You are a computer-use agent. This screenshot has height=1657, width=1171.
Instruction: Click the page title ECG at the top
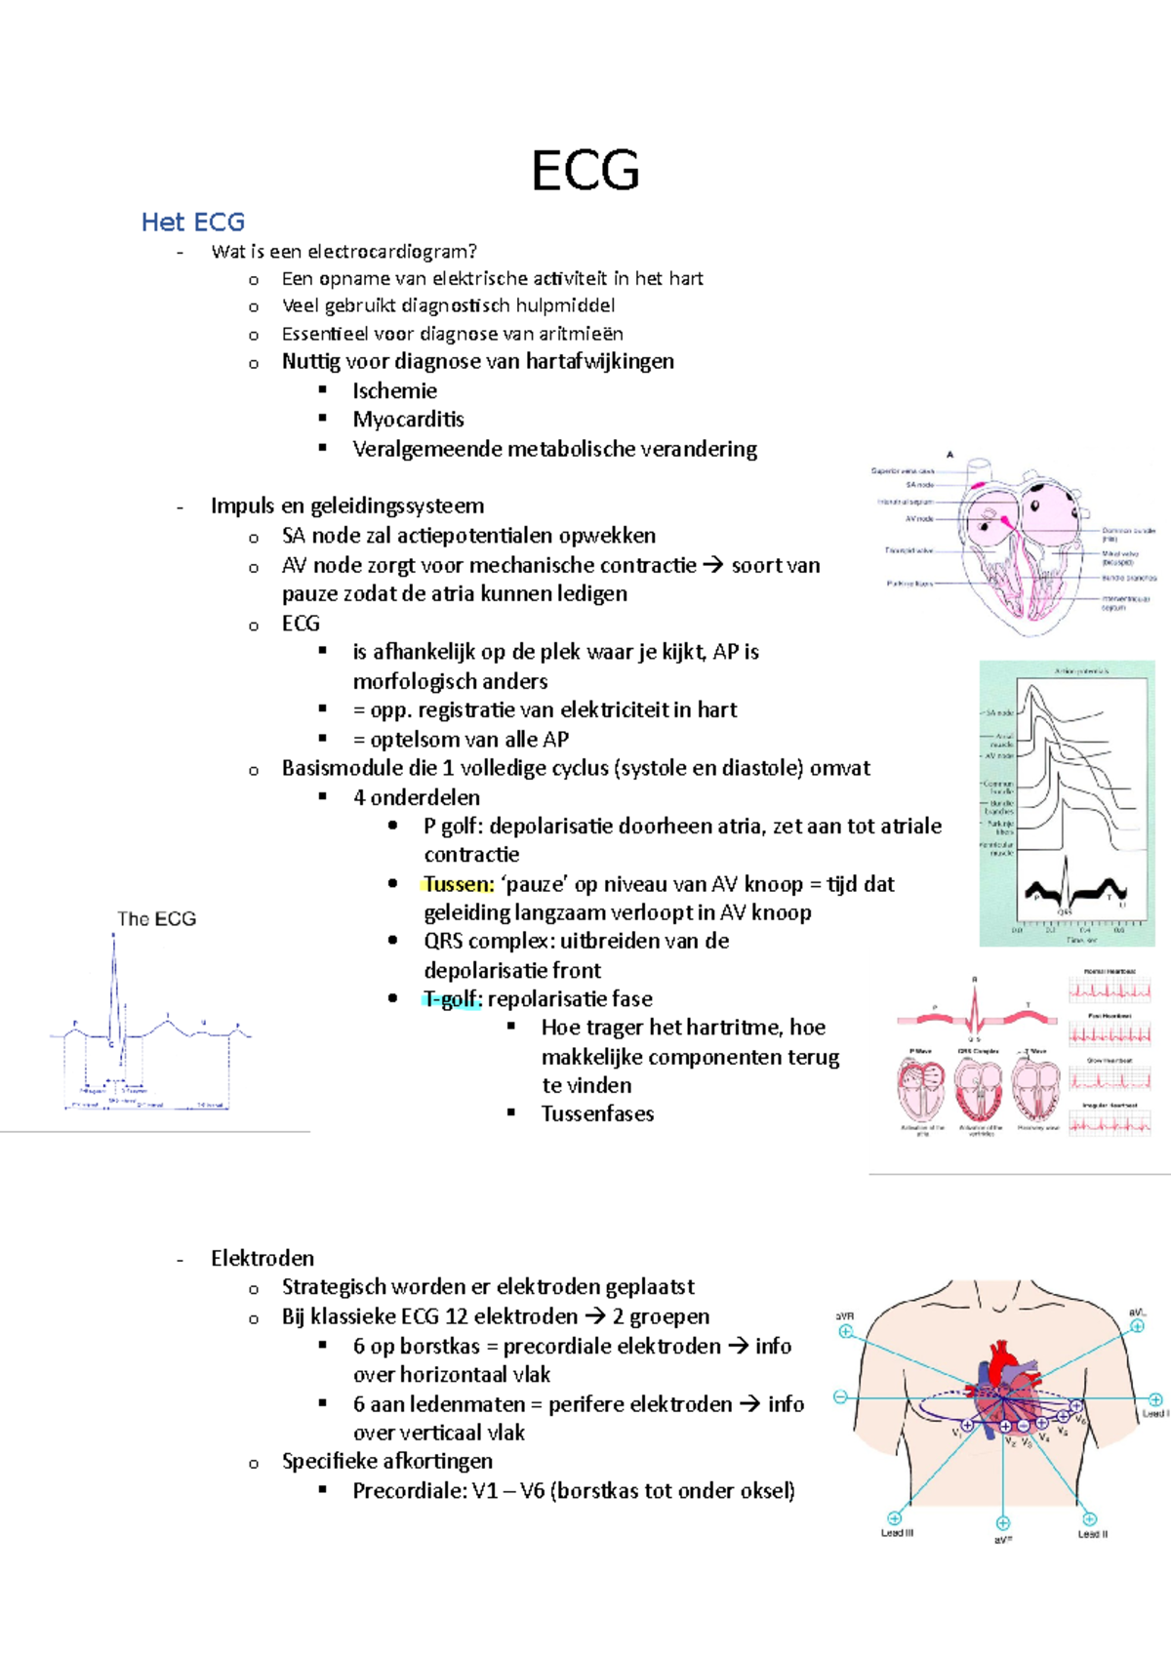coord(585,171)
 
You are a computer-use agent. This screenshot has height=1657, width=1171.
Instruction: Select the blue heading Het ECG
coord(192,222)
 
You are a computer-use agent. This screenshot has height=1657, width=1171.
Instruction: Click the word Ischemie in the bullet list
coord(394,390)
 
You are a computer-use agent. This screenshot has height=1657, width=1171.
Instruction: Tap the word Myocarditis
coord(408,420)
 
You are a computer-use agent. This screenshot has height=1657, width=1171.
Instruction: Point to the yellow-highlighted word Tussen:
coord(459,884)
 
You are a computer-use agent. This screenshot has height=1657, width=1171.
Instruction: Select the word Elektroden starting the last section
coord(262,1258)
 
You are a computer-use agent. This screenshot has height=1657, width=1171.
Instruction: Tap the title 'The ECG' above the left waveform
coord(156,918)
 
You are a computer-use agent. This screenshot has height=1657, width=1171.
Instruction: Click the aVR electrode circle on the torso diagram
coord(846,1331)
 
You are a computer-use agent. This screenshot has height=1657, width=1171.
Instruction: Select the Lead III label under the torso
coord(897,1533)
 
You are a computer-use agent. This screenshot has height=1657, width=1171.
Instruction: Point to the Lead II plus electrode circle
coord(1089,1518)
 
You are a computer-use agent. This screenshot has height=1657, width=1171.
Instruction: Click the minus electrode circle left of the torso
coord(840,1397)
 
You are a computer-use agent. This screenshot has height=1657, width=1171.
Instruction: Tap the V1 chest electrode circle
coord(967,1426)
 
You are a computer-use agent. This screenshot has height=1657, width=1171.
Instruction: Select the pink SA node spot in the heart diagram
coord(977,484)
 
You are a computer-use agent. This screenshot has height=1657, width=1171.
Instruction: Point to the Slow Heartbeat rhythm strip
coord(1110,1078)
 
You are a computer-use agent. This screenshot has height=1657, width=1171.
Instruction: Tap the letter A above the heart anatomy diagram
coord(949,455)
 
